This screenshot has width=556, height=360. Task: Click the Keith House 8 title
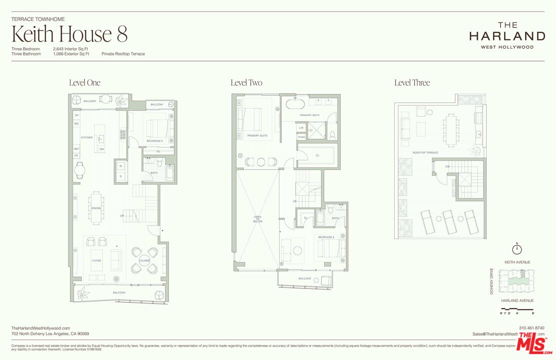(69, 34)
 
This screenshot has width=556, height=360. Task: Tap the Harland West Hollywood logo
(507, 35)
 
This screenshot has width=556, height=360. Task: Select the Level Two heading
(246, 83)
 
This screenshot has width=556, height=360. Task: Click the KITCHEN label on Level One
(87, 137)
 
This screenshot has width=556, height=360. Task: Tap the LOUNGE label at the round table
(144, 260)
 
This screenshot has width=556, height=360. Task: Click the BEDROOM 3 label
(154, 141)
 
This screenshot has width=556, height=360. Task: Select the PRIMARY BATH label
(309, 115)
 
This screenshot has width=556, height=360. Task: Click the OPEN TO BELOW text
(258, 218)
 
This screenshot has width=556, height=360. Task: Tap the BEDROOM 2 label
(326, 236)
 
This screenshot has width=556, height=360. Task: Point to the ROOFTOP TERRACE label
(426, 152)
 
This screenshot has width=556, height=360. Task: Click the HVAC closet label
(302, 136)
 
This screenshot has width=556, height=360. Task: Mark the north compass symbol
(518, 249)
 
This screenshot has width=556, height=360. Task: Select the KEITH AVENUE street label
(517, 262)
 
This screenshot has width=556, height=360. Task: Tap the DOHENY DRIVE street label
(492, 281)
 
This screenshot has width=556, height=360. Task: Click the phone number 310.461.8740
(532, 328)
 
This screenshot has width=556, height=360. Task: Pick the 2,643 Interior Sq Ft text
(71, 49)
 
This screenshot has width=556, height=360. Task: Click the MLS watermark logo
(534, 344)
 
